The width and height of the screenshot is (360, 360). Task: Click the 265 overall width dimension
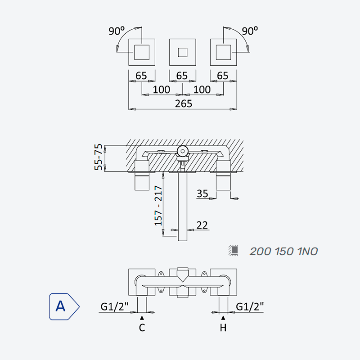183,103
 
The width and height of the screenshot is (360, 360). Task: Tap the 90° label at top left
117,31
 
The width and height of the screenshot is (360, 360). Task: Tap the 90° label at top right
250,31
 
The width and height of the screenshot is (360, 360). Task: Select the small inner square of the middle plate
183,52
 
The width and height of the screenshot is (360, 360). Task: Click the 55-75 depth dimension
98,157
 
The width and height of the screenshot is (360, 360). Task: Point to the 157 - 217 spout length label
158,206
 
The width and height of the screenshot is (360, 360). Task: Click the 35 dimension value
202,193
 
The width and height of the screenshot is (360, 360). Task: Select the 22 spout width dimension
202,225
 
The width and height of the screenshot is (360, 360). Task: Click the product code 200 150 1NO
283,252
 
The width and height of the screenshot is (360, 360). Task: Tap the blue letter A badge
64,306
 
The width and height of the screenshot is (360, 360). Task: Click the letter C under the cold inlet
142,328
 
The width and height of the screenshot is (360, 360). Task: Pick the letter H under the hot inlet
223,328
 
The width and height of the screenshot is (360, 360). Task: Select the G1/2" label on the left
114,306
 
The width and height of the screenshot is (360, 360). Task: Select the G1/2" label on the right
250,306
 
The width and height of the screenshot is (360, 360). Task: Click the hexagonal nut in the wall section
183,151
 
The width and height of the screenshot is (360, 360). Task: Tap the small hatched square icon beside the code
233,251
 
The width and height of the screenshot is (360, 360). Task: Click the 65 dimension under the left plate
141,76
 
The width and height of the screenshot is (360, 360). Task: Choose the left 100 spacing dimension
162,90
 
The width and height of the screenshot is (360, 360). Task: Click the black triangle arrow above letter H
223,318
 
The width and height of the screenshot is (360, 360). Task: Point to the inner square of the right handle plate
223,52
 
